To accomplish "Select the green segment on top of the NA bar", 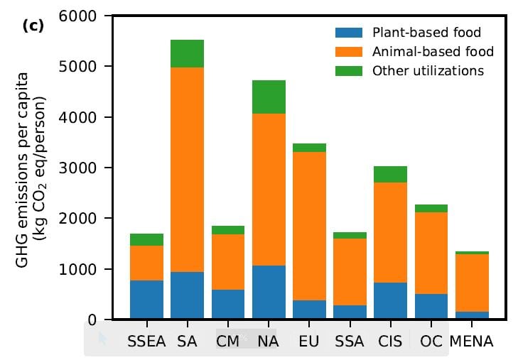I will pyautogui.click(x=269, y=97).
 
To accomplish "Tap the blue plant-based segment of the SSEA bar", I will pyautogui.click(x=146, y=300).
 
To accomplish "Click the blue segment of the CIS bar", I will pyautogui.click(x=391, y=301).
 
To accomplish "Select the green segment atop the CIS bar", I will pyautogui.click(x=391, y=174).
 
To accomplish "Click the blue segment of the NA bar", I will pyautogui.click(x=269, y=292).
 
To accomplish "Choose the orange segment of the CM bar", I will pyautogui.click(x=228, y=262).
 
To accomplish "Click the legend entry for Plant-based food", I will pyautogui.click(x=426, y=33).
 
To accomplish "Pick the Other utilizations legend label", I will pyautogui.click(x=428, y=70).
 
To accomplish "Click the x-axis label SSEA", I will pyautogui.click(x=146, y=342).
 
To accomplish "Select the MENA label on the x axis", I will pyautogui.click(x=472, y=342).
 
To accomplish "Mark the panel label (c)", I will pyautogui.click(x=33, y=26).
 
